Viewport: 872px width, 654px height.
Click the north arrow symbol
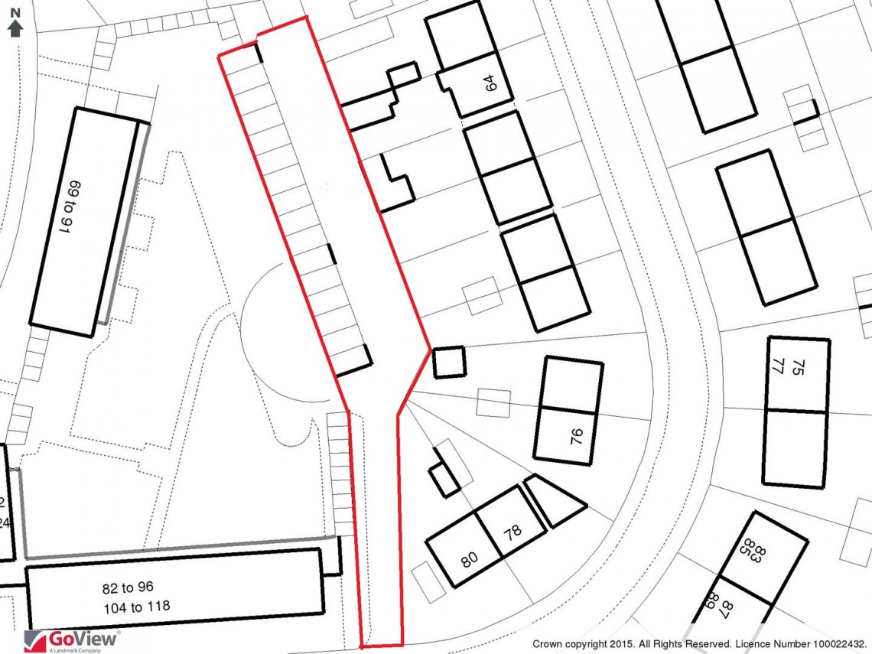[x=15, y=29]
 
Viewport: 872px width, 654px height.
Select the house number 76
[x=577, y=436]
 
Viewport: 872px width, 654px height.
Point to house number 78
[x=512, y=532]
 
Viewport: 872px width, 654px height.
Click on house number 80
[x=470, y=560]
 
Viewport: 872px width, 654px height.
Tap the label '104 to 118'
[x=136, y=607]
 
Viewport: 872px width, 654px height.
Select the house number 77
[x=779, y=366]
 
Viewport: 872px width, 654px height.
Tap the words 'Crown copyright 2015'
[x=584, y=644]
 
